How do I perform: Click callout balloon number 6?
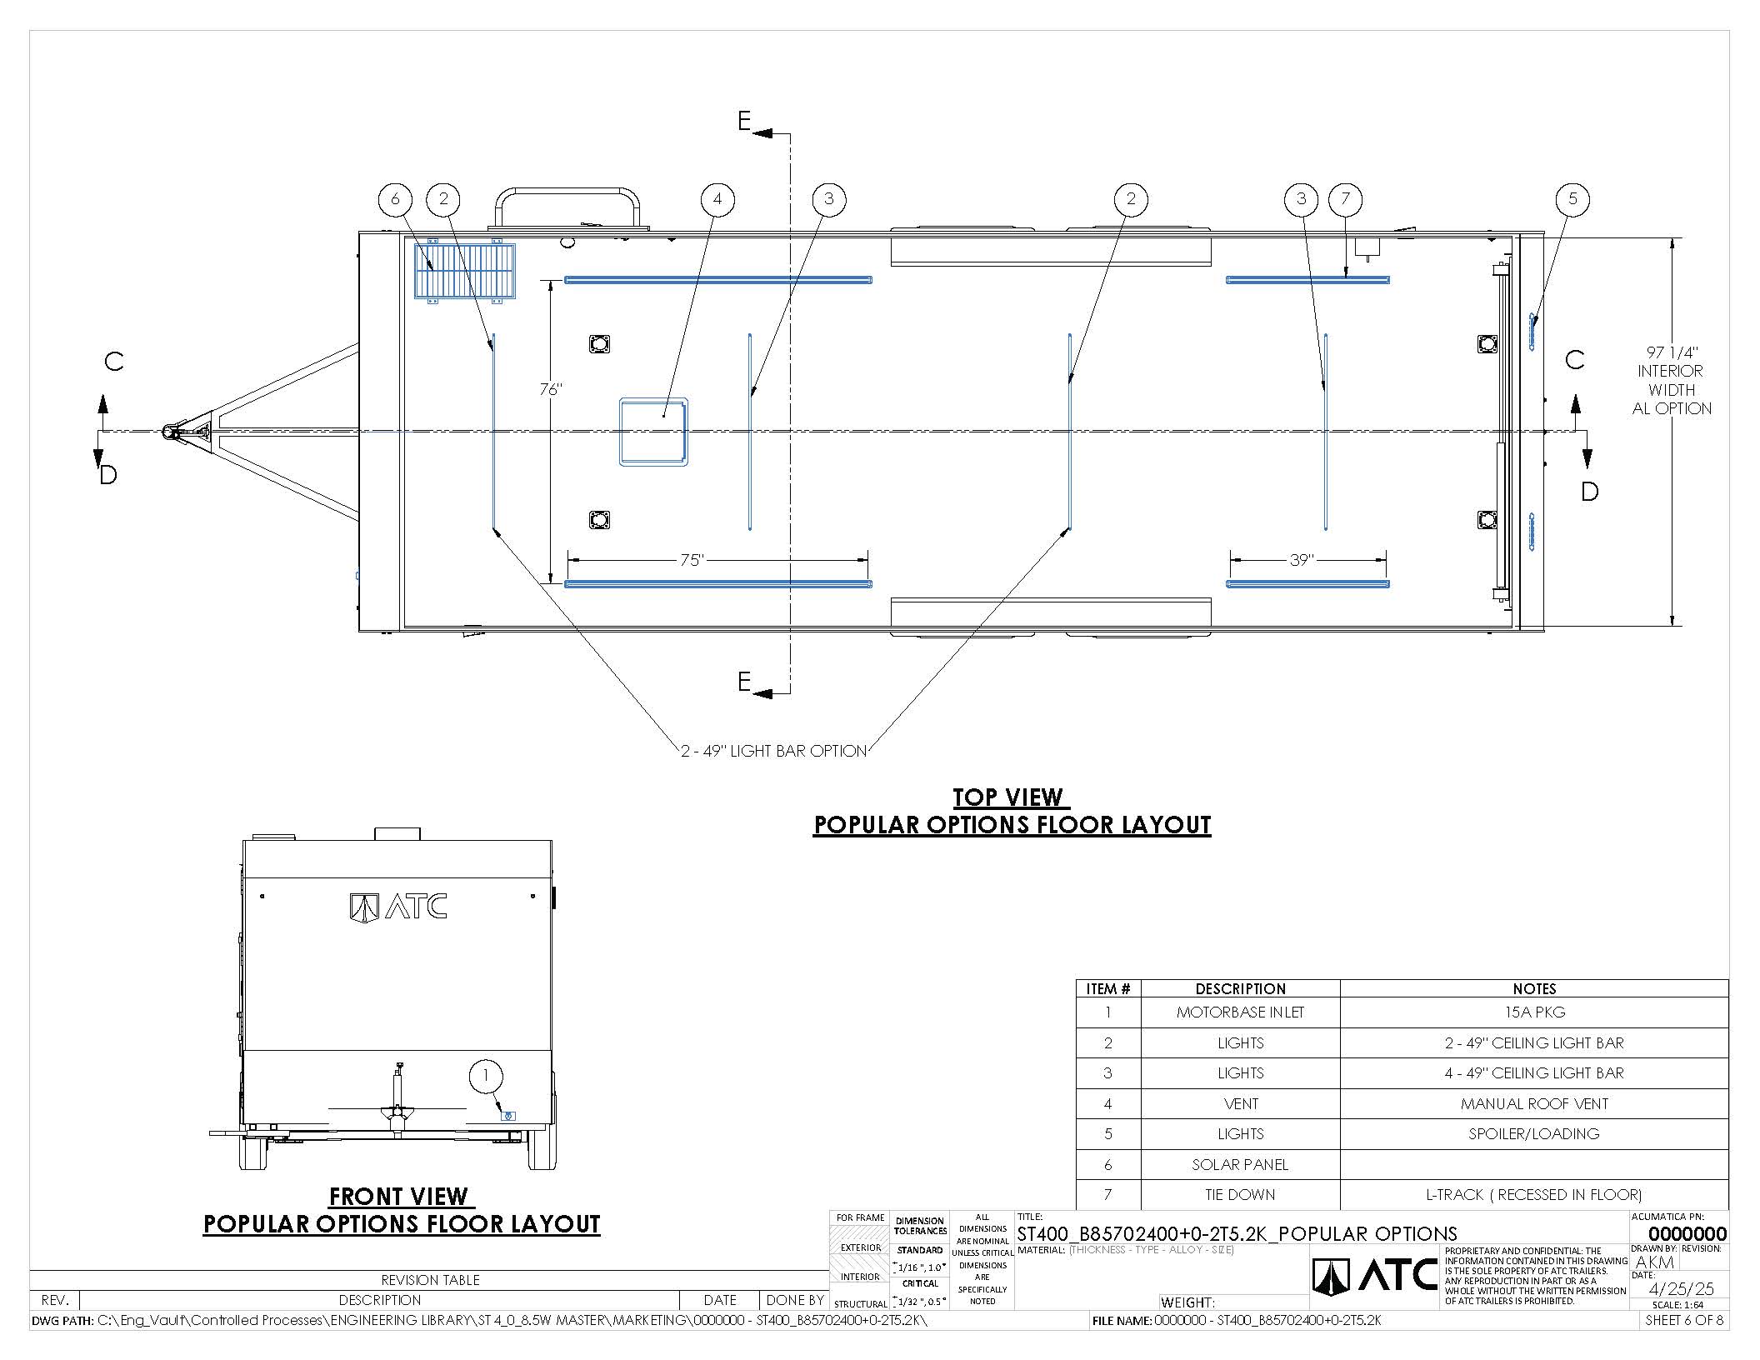coord(395,199)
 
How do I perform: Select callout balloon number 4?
coord(717,199)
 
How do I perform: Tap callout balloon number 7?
coord(1346,199)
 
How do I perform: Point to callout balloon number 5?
coord(1572,199)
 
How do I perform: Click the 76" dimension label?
coord(550,389)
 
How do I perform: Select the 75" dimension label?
coord(692,560)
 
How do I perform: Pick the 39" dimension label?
coord(1301,560)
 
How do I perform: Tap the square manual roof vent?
coord(653,432)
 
